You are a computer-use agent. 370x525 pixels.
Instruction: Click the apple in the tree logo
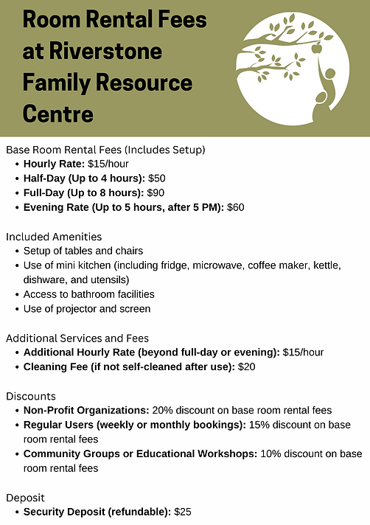coord(317,49)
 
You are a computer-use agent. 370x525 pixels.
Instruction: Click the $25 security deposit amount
coord(183,511)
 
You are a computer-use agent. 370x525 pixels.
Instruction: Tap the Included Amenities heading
coord(54,237)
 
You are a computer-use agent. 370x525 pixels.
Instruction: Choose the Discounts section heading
coord(31,396)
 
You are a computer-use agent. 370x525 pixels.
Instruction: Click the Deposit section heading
coord(27,496)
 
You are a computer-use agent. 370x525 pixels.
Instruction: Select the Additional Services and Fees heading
coord(77,338)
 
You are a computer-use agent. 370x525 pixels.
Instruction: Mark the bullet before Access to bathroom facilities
coord(16,295)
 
